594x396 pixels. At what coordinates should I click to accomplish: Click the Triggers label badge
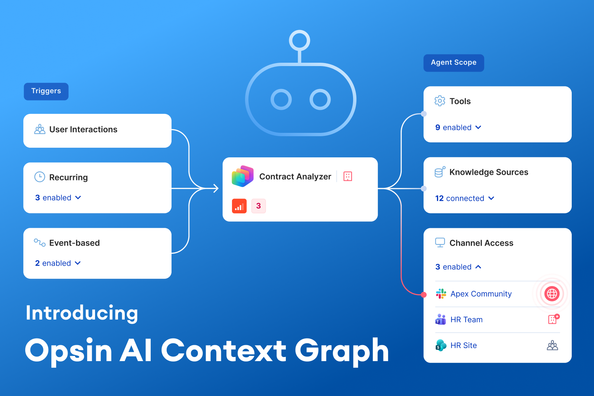[x=46, y=91]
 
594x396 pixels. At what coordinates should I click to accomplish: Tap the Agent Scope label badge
[x=454, y=63]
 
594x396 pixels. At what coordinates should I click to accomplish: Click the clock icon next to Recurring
[x=40, y=177]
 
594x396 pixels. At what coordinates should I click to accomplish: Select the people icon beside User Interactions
[x=40, y=129]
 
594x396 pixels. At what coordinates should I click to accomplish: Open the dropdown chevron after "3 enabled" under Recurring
[x=78, y=197]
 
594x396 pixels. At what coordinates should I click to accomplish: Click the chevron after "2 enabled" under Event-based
[x=78, y=263]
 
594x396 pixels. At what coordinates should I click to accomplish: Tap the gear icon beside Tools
[x=440, y=101]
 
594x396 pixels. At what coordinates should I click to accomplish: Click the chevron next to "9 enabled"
[x=478, y=127]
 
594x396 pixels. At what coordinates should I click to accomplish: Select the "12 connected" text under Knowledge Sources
[x=460, y=198]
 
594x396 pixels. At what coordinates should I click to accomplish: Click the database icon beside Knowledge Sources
[x=440, y=172]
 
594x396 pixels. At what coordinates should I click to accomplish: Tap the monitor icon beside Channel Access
[x=440, y=243]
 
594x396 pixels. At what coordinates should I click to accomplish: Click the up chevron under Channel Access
[x=478, y=267]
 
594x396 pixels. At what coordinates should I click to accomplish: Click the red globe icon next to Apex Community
[x=552, y=294]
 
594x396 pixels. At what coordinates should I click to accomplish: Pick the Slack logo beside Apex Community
[x=441, y=294]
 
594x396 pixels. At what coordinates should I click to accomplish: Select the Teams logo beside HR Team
[x=441, y=320]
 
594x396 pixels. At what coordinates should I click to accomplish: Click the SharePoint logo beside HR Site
[x=441, y=345]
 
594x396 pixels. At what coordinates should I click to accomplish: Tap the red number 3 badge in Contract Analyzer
[x=258, y=206]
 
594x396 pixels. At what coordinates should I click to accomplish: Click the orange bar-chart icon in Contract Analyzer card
[x=239, y=206]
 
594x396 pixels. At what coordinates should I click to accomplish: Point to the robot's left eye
[x=281, y=99]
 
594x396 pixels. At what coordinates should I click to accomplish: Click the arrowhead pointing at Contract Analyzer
[x=216, y=189]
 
